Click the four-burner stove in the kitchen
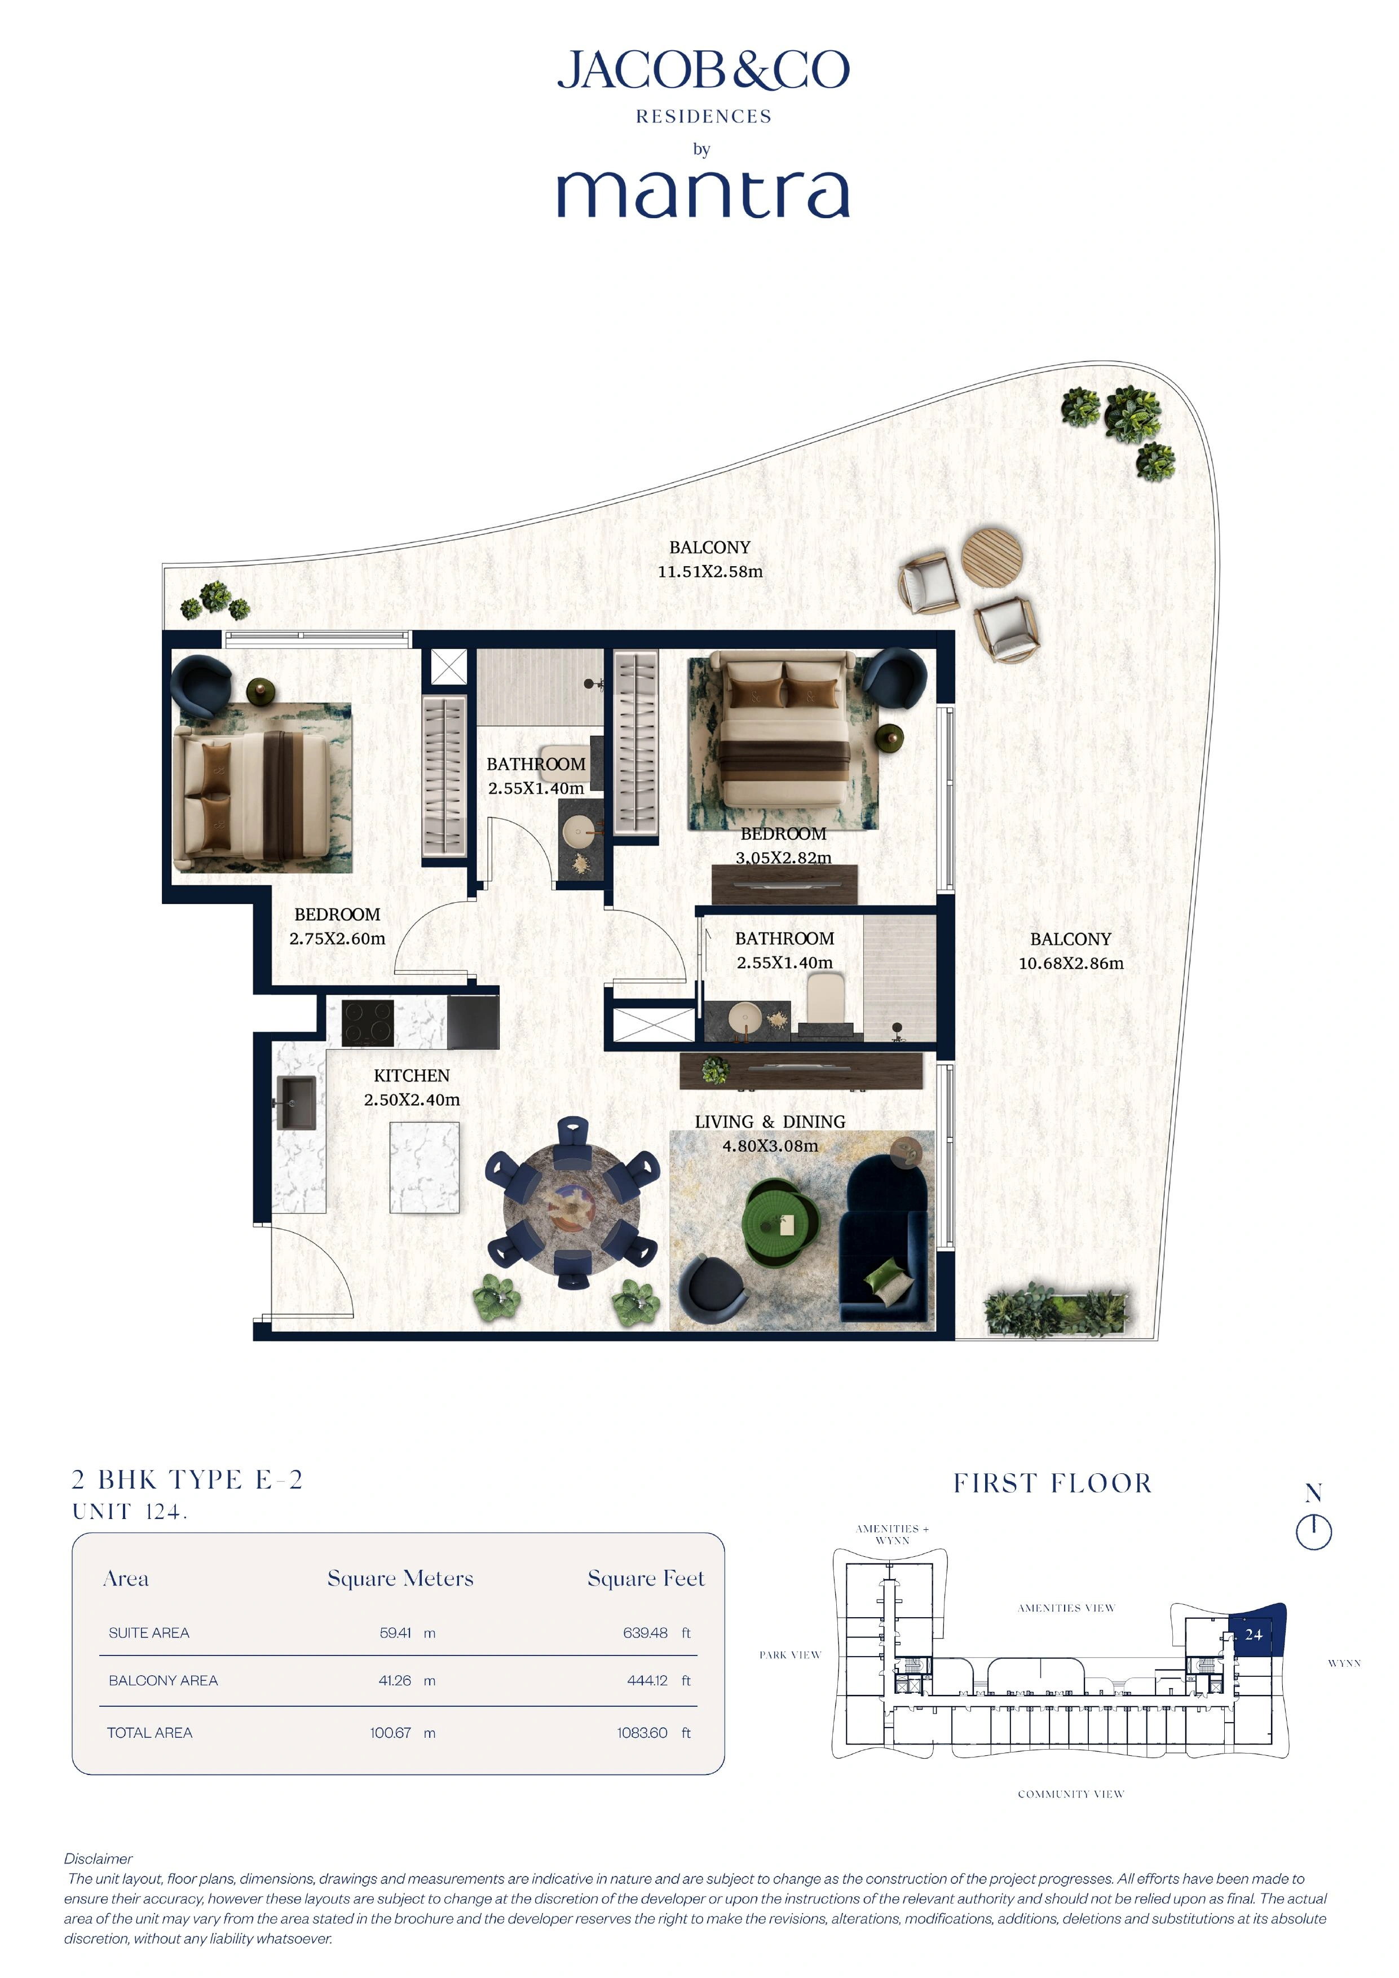(x=368, y=1023)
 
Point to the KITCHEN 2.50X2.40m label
(x=412, y=1087)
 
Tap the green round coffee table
(x=780, y=1224)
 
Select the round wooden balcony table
(x=992, y=557)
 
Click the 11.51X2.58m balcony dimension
(x=710, y=571)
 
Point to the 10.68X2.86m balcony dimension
(x=1071, y=963)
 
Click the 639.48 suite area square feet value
(x=645, y=1632)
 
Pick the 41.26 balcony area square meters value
(x=395, y=1680)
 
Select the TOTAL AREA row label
(x=150, y=1733)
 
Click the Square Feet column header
(x=645, y=1578)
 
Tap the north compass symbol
(x=1314, y=1531)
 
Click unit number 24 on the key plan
(x=1254, y=1634)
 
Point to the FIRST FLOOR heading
(x=1052, y=1483)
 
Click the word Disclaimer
(x=98, y=1858)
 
